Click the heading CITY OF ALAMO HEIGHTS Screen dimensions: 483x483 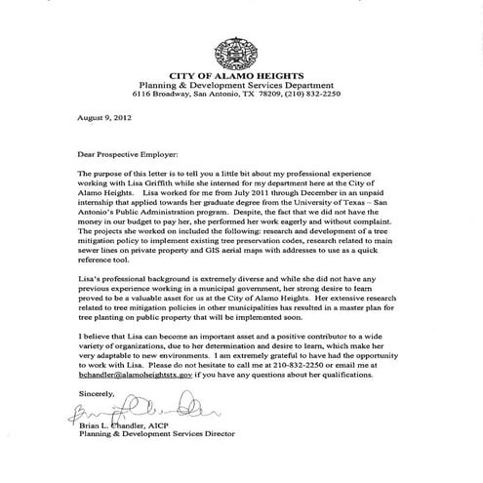pyautogui.click(x=241, y=73)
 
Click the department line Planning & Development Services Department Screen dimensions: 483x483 pyautogui.click(x=241, y=84)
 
